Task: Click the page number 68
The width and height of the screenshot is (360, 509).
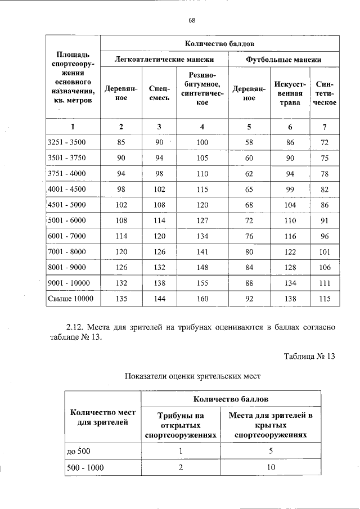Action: [x=192, y=20]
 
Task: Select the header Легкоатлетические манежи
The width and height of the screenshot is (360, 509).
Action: [x=164, y=59]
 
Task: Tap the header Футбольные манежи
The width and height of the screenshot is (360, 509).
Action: [x=284, y=59]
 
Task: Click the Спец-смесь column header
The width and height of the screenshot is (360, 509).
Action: [x=159, y=93]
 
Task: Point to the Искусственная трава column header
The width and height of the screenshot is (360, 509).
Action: [x=290, y=93]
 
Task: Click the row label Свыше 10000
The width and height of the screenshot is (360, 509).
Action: [x=70, y=298]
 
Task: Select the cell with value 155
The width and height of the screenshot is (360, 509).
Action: [x=202, y=282]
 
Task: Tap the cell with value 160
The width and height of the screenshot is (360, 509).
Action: [x=202, y=298]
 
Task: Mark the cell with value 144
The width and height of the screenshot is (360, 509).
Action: [x=159, y=298]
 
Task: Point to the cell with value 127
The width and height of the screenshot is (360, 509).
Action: [x=202, y=220]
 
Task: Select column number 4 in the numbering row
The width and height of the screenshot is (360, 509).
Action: [x=202, y=127]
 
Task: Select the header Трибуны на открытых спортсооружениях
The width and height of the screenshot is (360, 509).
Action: [x=181, y=425]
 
